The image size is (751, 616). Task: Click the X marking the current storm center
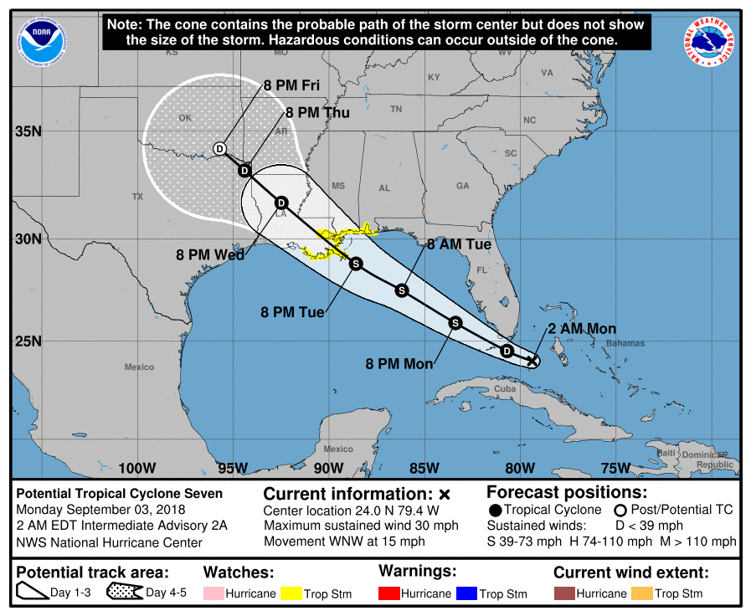pos(532,361)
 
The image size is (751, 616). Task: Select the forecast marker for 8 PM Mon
pos(455,322)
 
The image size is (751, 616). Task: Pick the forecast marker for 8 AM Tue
pos(402,290)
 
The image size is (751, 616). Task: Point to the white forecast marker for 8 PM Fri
pos(219,148)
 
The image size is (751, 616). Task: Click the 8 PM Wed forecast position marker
pos(281,203)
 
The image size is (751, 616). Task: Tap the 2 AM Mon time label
pos(582,329)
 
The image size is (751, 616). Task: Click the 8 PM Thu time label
pos(317,113)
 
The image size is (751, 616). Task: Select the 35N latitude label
pos(28,131)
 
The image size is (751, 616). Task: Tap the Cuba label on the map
pos(504,390)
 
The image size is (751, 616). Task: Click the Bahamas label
pos(626,343)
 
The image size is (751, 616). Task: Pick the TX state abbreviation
pos(137,197)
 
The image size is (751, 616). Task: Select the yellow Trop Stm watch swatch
pos(291,593)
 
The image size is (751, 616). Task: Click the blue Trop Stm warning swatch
pos(466,593)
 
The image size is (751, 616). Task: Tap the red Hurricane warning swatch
pos(389,593)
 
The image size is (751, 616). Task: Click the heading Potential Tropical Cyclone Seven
pos(120,494)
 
